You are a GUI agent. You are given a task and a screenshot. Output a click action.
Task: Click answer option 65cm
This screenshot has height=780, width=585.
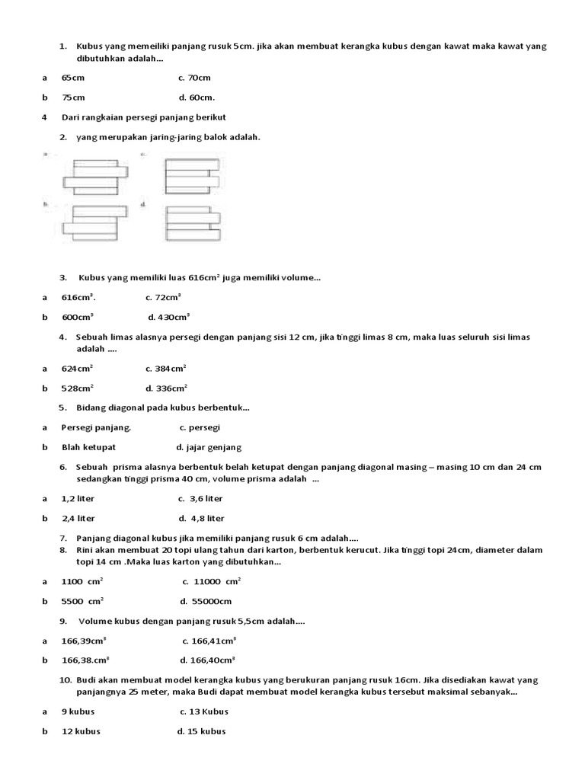pyautogui.click(x=73, y=78)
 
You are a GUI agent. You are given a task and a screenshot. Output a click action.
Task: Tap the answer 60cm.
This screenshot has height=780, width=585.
pyautogui.click(x=197, y=97)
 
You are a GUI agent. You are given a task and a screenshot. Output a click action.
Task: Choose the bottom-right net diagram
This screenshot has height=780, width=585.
pyautogui.click(x=192, y=224)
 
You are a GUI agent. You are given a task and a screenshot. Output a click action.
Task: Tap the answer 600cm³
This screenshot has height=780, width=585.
pyautogui.click(x=77, y=317)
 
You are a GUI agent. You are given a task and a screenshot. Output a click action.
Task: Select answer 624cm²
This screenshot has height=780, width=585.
pyautogui.click(x=77, y=369)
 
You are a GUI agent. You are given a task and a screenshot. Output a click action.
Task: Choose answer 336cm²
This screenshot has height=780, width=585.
pyautogui.click(x=166, y=388)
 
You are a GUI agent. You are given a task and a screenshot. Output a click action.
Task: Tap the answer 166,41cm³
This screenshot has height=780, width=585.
pyautogui.click(x=209, y=641)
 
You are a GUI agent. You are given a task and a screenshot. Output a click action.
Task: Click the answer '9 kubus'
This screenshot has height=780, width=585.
pyautogui.click(x=78, y=711)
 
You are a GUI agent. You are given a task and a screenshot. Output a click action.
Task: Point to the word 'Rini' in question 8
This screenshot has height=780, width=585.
pyautogui.click(x=86, y=550)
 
